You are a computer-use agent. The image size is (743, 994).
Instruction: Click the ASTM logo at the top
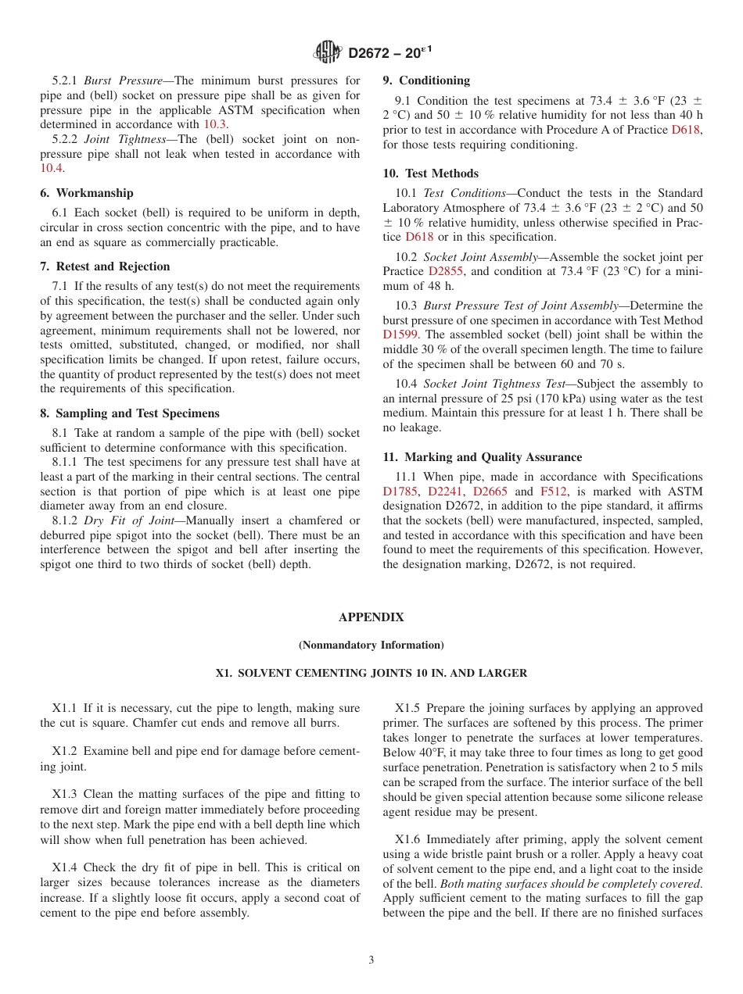pyautogui.click(x=327, y=52)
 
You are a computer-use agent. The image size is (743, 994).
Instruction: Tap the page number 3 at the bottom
pyautogui.click(x=371, y=960)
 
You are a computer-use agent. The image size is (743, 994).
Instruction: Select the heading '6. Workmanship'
pyautogui.click(x=87, y=193)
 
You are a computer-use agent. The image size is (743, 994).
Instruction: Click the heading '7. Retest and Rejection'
pyautogui.click(x=105, y=266)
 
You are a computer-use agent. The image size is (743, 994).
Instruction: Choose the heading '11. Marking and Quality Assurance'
pyautogui.click(x=483, y=457)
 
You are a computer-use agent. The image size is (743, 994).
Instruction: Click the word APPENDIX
pyautogui.click(x=371, y=617)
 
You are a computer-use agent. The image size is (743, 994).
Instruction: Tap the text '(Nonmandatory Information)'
pyautogui.click(x=371, y=645)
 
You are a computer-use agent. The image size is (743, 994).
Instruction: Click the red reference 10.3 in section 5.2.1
pyautogui.click(x=216, y=124)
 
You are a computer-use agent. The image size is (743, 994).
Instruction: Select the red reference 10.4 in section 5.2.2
pyautogui.click(x=51, y=168)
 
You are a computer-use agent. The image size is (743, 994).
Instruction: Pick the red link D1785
pyautogui.click(x=400, y=492)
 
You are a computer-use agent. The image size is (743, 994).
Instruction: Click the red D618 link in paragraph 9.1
pyautogui.click(x=687, y=130)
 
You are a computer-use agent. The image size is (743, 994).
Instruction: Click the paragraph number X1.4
pyautogui.click(x=66, y=867)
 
